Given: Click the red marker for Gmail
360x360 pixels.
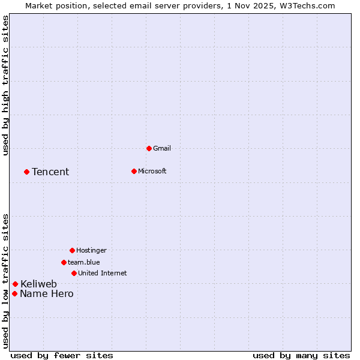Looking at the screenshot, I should (149, 148).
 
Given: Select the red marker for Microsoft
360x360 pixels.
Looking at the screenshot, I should (134, 171).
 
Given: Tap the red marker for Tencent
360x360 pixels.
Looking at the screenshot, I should (26, 172).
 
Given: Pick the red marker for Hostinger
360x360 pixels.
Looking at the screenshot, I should (72, 250).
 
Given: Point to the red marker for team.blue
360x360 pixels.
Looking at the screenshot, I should (64, 262).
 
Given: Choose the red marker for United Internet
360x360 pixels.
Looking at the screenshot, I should (74, 273).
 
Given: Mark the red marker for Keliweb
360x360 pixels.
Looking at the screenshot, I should (15, 284).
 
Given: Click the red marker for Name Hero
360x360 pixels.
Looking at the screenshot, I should (14, 293).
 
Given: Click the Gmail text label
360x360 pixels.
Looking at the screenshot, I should (162, 148).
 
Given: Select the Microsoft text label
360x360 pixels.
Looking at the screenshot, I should (152, 171).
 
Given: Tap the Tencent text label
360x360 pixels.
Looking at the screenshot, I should (50, 172).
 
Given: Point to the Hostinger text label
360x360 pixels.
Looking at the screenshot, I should (91, 250).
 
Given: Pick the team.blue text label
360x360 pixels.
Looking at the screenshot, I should (84, 262).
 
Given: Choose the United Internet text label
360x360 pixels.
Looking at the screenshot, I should (103, 273).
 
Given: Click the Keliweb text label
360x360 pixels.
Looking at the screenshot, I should (39, 284).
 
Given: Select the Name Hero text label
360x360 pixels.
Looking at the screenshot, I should (47, 293).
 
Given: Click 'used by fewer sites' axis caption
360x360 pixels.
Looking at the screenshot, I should (62, 355).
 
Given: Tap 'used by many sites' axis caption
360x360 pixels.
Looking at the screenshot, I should (301, 355).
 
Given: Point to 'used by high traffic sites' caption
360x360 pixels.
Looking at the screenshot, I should (5, 85).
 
